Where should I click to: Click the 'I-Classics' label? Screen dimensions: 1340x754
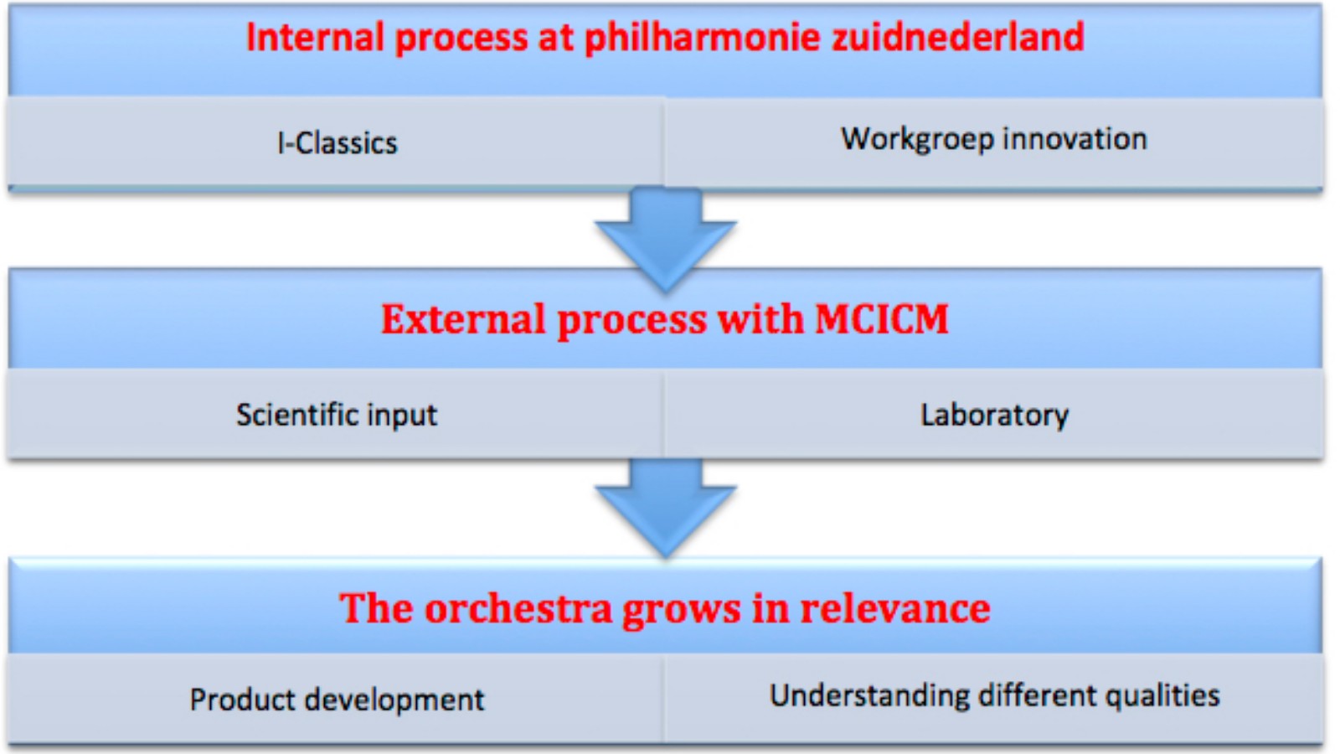coord(338,143)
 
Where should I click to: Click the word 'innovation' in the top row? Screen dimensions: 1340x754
coord(1075,139)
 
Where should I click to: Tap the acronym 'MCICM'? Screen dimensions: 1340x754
coord(882,318)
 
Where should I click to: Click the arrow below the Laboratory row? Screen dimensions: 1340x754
coord(665,509)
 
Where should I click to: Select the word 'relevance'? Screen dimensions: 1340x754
coord(895,609)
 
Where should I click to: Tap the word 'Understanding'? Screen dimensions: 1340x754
coord(868,696)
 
